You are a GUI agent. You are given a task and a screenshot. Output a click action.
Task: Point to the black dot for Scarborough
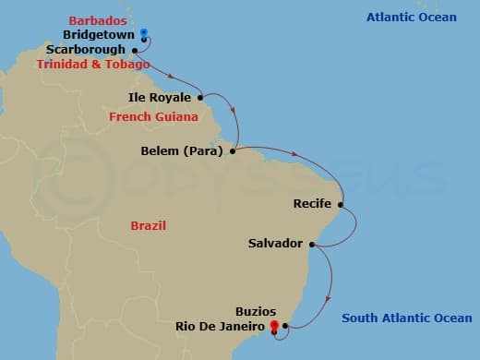(136, 50)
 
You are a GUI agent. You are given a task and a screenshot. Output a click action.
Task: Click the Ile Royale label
(160, 97)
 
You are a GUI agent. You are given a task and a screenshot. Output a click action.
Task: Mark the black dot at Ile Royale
(199, 97)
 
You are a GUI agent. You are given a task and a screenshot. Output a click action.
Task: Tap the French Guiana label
(153, 117)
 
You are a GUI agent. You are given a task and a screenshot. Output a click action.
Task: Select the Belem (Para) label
(180, 150)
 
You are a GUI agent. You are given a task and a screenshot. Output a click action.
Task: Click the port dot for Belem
(232, 150)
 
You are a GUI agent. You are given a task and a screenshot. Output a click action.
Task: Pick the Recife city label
(312, 204)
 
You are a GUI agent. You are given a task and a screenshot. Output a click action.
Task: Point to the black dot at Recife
(341, 204)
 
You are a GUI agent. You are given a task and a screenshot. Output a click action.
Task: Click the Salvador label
(275, 244)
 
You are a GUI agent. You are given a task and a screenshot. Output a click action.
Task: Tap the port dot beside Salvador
(312, 244)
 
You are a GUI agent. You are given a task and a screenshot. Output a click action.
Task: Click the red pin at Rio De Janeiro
(273, 325)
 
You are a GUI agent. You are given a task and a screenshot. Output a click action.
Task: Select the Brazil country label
(149, 225)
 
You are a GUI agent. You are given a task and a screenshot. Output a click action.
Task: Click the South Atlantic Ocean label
(406, 318)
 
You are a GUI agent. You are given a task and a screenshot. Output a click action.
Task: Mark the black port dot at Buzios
(284, 325)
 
